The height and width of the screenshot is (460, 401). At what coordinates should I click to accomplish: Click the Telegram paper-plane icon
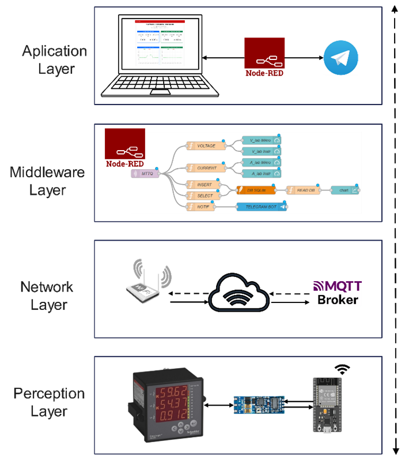coord(341,58)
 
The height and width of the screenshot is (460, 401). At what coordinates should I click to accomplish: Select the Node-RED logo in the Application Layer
coord(264,58)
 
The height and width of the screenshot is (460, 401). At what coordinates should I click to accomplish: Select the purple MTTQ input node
coord(145,174)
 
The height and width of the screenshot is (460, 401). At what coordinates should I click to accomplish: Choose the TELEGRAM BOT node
coord(262,207)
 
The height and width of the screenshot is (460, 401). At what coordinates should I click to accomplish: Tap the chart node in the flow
coord(346,190)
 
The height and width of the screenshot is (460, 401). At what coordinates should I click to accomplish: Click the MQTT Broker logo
coord(337,292)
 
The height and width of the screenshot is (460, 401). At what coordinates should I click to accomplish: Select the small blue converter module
coord(259,405)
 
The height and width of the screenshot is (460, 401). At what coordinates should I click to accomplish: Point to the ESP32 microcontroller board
coord(327,404)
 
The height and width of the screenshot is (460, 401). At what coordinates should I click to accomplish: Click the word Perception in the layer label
coord(49,394)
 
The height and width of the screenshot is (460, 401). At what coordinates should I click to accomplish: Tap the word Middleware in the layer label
coord(47,172)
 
